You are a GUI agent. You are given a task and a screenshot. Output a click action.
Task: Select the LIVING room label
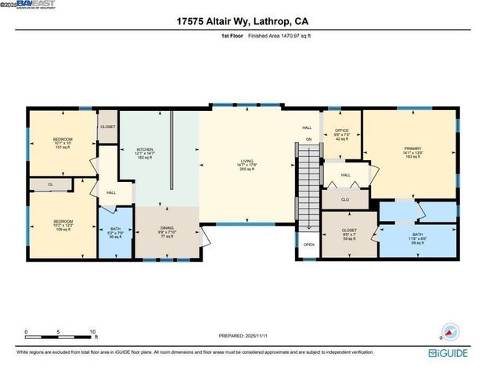(x=247, y=163)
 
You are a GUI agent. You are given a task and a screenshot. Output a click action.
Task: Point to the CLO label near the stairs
(x=344, y=200)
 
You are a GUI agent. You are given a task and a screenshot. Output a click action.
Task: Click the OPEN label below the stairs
(x=308, y=245)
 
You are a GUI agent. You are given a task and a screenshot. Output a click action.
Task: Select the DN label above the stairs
(x=308, y=140)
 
